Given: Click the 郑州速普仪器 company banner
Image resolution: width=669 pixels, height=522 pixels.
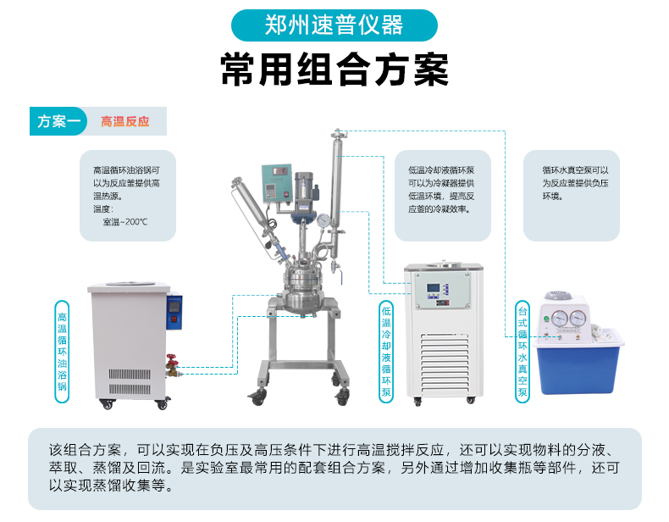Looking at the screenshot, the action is (334, 25).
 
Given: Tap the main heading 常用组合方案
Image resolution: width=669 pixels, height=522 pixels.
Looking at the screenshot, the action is (334, 70).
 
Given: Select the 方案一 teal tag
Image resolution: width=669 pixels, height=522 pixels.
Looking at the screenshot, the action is (58, 121).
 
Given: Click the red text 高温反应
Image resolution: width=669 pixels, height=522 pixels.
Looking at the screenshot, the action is (125, 122).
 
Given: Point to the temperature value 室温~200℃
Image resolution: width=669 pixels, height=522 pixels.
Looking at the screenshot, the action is (125, 222).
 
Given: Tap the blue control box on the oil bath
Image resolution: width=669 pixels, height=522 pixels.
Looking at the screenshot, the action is (174, 312).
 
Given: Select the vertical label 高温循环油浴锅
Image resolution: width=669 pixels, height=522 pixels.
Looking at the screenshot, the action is (63, 352).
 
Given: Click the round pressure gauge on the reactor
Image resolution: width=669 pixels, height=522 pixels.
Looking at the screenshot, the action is (323, 220).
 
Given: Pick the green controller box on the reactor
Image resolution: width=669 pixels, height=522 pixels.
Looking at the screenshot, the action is (277, 184).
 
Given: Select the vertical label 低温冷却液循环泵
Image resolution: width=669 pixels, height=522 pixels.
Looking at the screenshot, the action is (386, 352).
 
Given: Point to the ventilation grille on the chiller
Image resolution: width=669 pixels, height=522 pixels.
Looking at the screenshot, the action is (444, 364).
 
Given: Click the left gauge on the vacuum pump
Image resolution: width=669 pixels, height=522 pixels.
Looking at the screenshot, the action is (559, 319).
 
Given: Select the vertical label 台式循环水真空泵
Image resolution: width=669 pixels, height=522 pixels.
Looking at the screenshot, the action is (522, 352).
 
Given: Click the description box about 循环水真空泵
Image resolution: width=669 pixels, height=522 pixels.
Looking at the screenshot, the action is (572, 196).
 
